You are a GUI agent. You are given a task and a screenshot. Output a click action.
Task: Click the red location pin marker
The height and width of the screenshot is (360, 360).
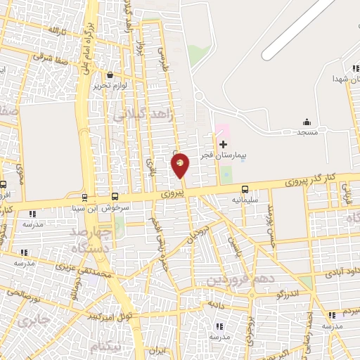point(181,164)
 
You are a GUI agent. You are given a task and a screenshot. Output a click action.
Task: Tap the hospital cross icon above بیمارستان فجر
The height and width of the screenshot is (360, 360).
point(223,144)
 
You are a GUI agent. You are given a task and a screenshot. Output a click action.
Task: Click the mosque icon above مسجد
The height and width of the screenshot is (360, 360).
point(307,122)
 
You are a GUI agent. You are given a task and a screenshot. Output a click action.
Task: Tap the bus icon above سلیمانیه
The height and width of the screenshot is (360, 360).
point(245,188)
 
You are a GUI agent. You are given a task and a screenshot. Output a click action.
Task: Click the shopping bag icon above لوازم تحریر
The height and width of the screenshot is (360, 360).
point(110,75)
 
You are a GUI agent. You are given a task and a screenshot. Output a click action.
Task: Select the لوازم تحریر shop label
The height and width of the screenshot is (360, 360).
point(110,86)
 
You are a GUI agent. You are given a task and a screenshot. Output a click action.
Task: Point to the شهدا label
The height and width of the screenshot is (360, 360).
point(347,79)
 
